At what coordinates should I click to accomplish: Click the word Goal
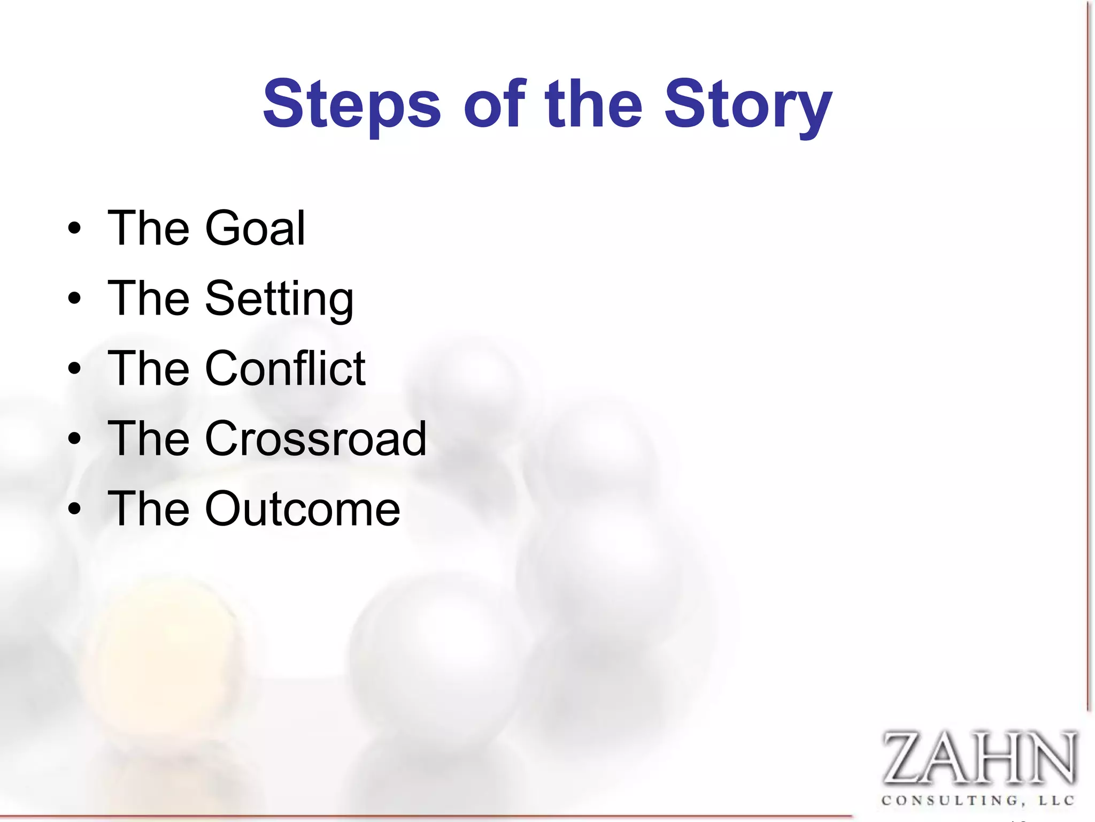point(255,229)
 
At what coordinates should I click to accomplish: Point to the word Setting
point(279,299)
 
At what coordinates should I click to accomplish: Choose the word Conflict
point(285,368)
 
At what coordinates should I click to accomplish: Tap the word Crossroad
point(315,439)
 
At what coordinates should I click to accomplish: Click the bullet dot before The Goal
point(75,229)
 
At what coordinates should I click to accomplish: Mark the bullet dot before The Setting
point(75,299)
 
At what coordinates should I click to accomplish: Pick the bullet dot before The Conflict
point(75,369)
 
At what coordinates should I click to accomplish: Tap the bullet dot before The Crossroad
point(75,439)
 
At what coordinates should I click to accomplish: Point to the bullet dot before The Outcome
point(75,509)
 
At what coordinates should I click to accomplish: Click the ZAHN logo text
point(978,758)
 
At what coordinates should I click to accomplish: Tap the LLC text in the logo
point(1056,801)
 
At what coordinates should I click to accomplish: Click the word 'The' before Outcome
point(149,508)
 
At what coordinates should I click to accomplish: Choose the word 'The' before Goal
point(149,229)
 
